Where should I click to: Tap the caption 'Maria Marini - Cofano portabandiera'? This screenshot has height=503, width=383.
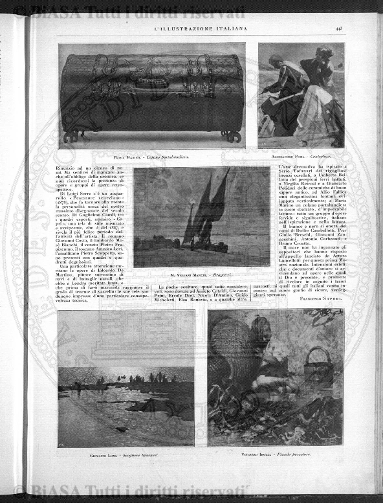(151, 157)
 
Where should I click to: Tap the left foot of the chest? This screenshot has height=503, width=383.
(73, 137)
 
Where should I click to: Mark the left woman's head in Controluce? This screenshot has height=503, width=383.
(277, 61)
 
